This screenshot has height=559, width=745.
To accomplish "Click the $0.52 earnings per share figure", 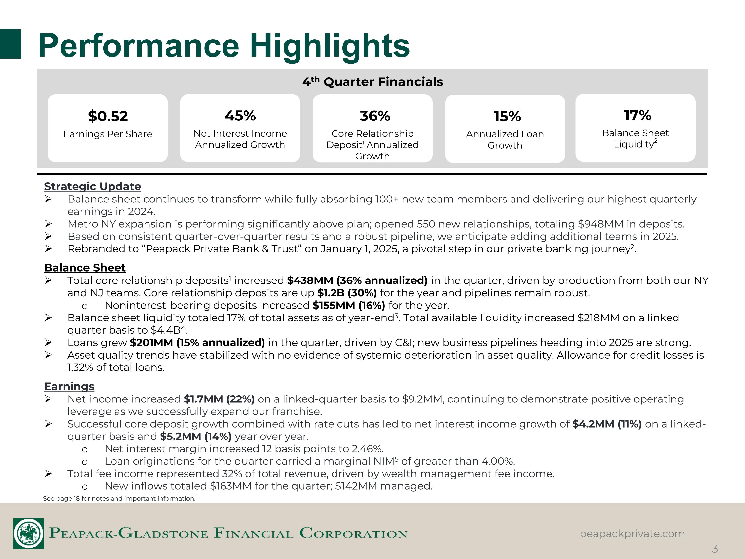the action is coord(108,116).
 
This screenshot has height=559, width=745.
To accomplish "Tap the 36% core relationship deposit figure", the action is coord(375,116).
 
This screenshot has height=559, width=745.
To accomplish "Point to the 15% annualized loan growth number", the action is coord(507,117).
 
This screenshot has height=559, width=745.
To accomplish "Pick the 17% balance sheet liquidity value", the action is coord(637,115).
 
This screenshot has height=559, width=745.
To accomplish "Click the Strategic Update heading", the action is coord(93,186).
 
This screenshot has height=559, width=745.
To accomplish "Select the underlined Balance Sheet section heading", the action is coord(85,268).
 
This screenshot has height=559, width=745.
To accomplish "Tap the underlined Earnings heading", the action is coord(69,386).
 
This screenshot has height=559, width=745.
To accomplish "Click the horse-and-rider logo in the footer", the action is coord(29,533).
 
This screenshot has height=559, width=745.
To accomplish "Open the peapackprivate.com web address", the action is coord(632,534).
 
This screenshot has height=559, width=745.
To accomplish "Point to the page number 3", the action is coord(715,549).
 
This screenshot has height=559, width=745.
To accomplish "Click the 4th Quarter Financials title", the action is coord(372,81).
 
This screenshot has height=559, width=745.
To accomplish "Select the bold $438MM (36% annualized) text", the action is coord(357,280).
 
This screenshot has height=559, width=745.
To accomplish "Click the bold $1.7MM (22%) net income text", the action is coord(219,399).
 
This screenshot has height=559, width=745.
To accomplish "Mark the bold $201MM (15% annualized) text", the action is coord(197,342).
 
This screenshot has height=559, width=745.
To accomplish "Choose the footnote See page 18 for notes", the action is coord(119,498).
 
